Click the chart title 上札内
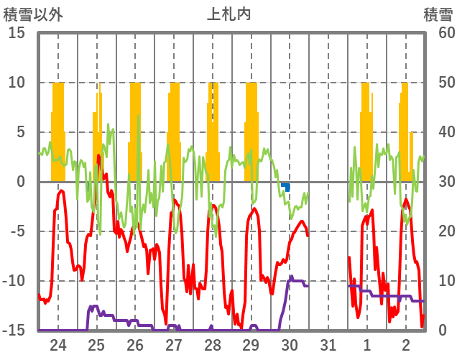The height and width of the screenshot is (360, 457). click(x=228, y=14)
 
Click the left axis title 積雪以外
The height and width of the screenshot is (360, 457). click(x=33, y=14)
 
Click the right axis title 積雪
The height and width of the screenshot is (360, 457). click(x=438, y=14)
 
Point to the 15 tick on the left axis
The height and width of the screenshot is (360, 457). click(x=17, y=33)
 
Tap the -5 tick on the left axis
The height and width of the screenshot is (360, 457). click(x=17, y=231)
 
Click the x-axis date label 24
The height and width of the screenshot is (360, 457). click(x=57, y=344)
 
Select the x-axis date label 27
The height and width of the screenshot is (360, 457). click(x=174, y=344)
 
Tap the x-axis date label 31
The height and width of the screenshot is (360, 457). click(x=328, y=344)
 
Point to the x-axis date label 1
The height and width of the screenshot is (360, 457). click(x=367, y=344)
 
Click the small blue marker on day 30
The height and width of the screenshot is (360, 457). click(x=286, y=187)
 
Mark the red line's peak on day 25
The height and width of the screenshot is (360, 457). click(x=98, y=156)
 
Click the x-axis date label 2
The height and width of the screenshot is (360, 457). click(x=406, y=344)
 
